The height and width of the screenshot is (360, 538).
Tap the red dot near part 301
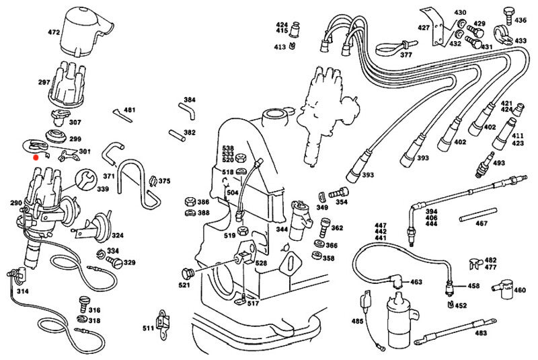pos(36,157)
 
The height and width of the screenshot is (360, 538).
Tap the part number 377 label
pos(406,55)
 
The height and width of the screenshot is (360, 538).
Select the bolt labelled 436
pos(507,11)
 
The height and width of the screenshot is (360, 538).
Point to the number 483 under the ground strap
pos(480,333)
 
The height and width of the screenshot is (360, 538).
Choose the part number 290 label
pos(16,203)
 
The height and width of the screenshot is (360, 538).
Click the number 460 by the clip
pos(520,291)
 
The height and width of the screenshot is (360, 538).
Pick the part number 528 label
pos(261,262)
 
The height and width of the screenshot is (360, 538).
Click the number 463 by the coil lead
pos(416,282)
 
